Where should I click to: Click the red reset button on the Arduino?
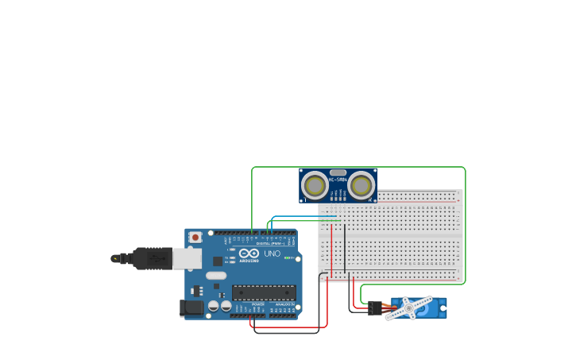(x=195, y=237)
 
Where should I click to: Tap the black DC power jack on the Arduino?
(x=191, y=308)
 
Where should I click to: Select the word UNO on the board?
(x=272, y=254)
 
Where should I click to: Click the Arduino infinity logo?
(x=249, y=254)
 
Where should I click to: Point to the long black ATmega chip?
(x=264, y=292)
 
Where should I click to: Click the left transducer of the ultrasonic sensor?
(x=315, y=186)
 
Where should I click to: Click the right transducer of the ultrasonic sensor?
(x=361, y=186)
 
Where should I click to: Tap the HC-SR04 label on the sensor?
(x=338, y=180)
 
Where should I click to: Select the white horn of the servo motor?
(x=409, y=308)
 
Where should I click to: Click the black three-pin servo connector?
(x=372, y=308)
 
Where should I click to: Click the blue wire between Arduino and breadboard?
(x=302, y=216)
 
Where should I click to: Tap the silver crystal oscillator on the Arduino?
(x=215, y=276)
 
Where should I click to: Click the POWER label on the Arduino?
(x=258, y=304)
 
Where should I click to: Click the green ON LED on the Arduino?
(x=288, y=258)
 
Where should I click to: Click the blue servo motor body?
(x=433, y=308)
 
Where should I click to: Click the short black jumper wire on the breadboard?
(x=345, y=250)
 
